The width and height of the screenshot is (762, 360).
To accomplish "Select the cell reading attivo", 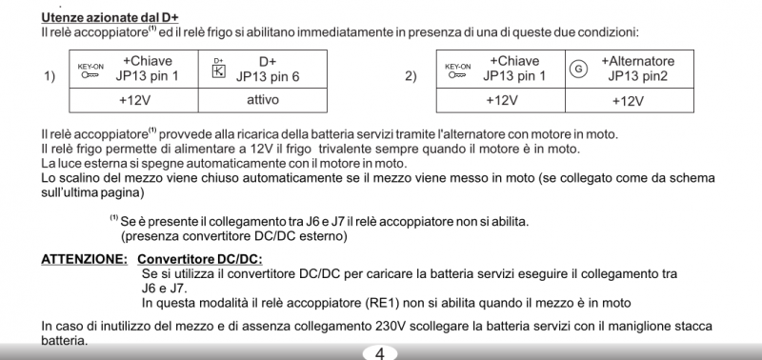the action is point(262,100).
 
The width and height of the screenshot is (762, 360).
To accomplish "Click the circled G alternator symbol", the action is point(577,69).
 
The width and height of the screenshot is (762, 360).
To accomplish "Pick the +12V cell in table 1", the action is point(134,100).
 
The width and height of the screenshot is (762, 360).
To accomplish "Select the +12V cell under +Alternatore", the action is point(630,100).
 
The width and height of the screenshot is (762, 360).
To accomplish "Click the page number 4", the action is point(379,352).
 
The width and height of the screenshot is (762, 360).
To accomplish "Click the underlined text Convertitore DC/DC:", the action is point(199,259).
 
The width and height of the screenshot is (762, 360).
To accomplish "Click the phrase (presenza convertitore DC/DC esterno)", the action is point(233,234).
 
